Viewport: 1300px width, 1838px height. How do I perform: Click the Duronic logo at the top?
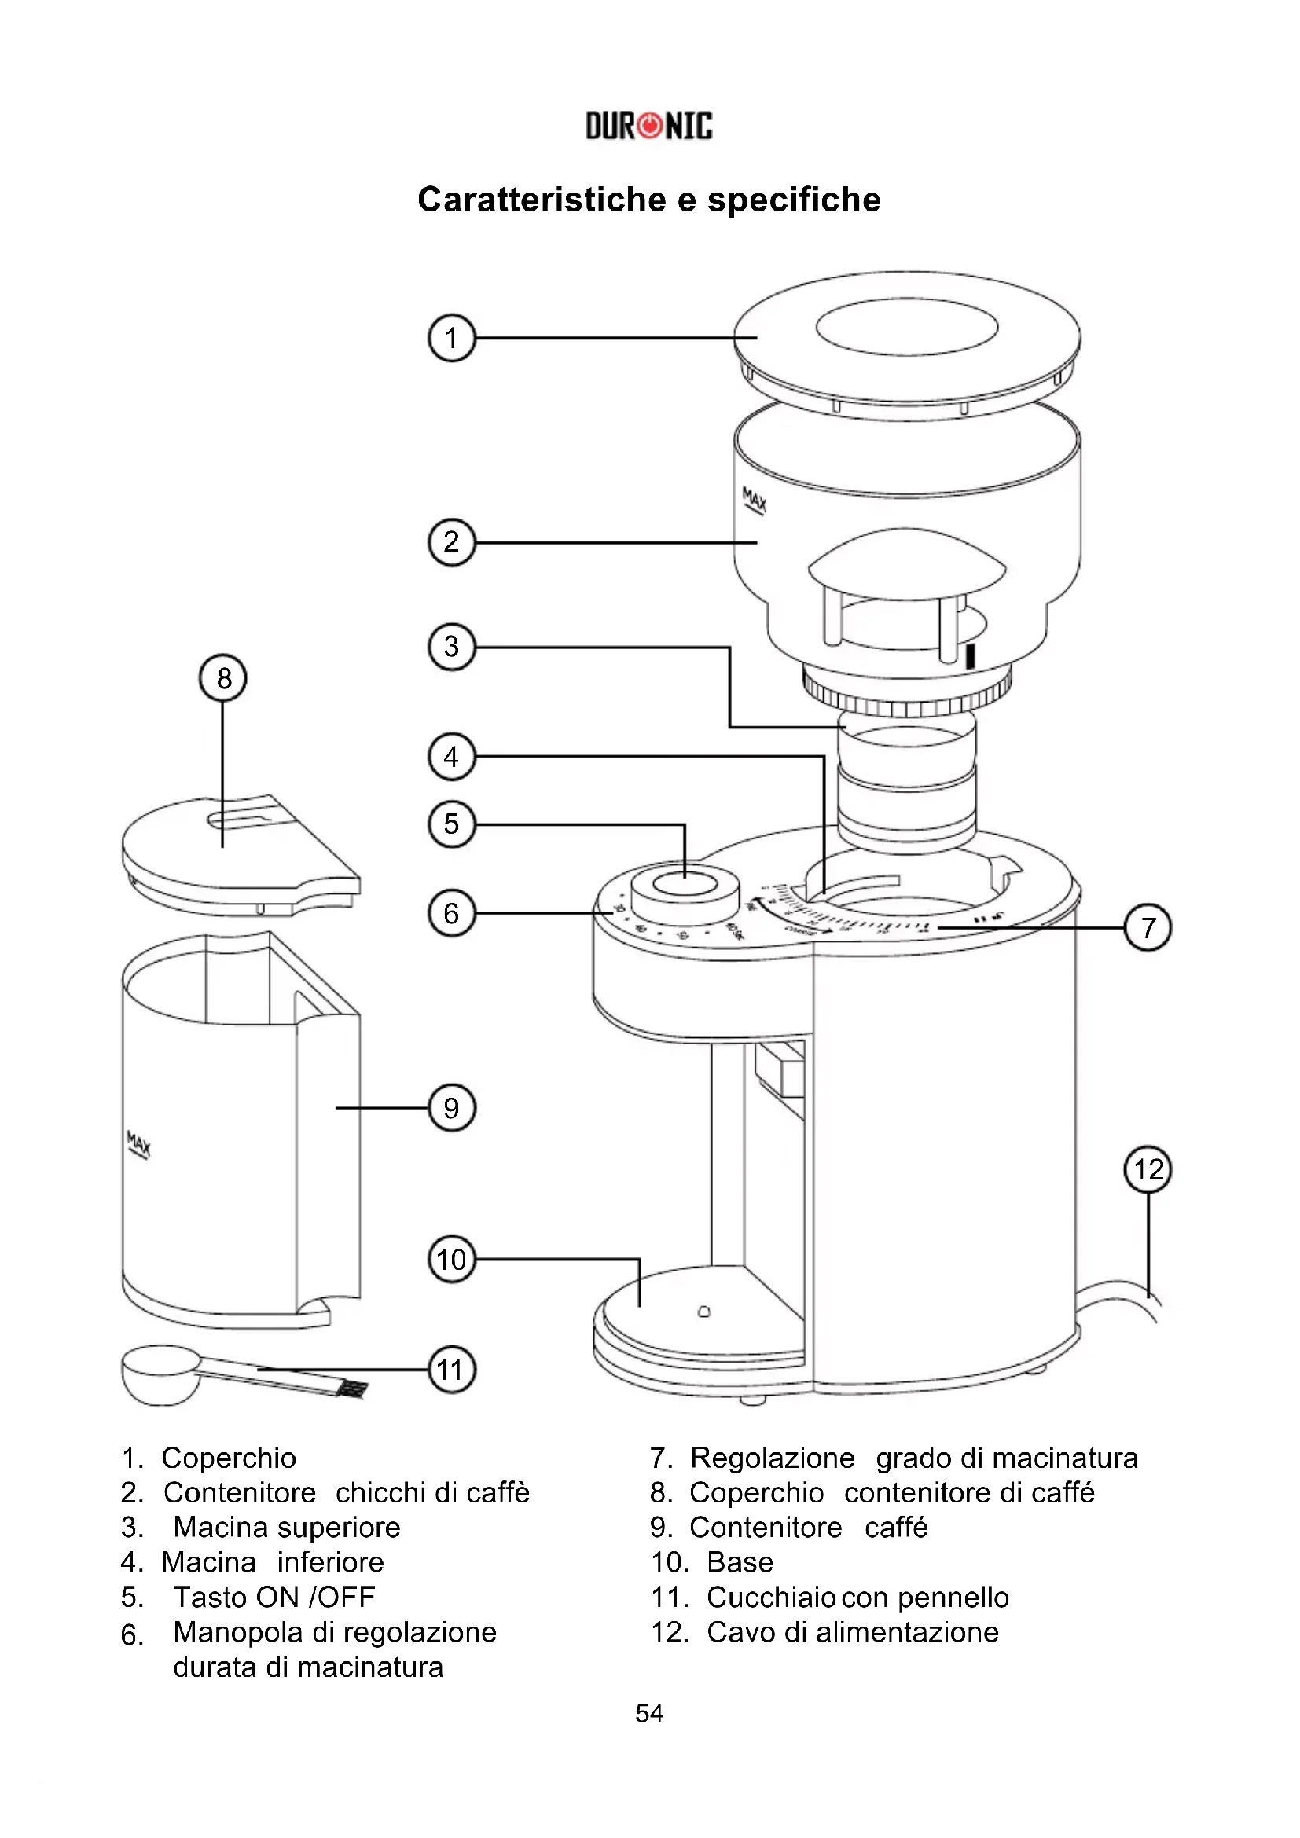point(648,126)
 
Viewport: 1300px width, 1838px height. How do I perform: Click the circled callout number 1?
point(451,338)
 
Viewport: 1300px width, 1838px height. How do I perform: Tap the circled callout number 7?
point(1148,928)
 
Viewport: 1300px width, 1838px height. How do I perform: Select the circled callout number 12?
point(1148,1169)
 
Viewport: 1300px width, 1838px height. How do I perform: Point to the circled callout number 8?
point(222,678)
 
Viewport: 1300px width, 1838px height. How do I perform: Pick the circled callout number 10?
point(451,1259)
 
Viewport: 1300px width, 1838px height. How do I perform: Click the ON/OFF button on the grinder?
point(685,884)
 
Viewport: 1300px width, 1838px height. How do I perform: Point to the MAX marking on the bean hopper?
point(754,501)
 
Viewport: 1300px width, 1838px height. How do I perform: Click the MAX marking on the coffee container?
point(138,1145)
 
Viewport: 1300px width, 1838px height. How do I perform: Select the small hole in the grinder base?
point(703,1312)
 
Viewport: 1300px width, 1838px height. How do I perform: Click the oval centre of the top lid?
point(906,327)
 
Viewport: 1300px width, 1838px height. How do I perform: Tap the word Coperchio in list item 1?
point(229,1458)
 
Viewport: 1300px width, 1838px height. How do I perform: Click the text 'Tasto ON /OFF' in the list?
point(274,1597)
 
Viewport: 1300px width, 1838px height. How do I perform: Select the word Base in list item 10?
point(740,1562)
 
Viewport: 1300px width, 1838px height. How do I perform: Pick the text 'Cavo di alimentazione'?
point(853,1631)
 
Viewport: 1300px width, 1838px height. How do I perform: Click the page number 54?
point(649,1713)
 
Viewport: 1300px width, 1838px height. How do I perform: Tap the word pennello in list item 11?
point(953,1597)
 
